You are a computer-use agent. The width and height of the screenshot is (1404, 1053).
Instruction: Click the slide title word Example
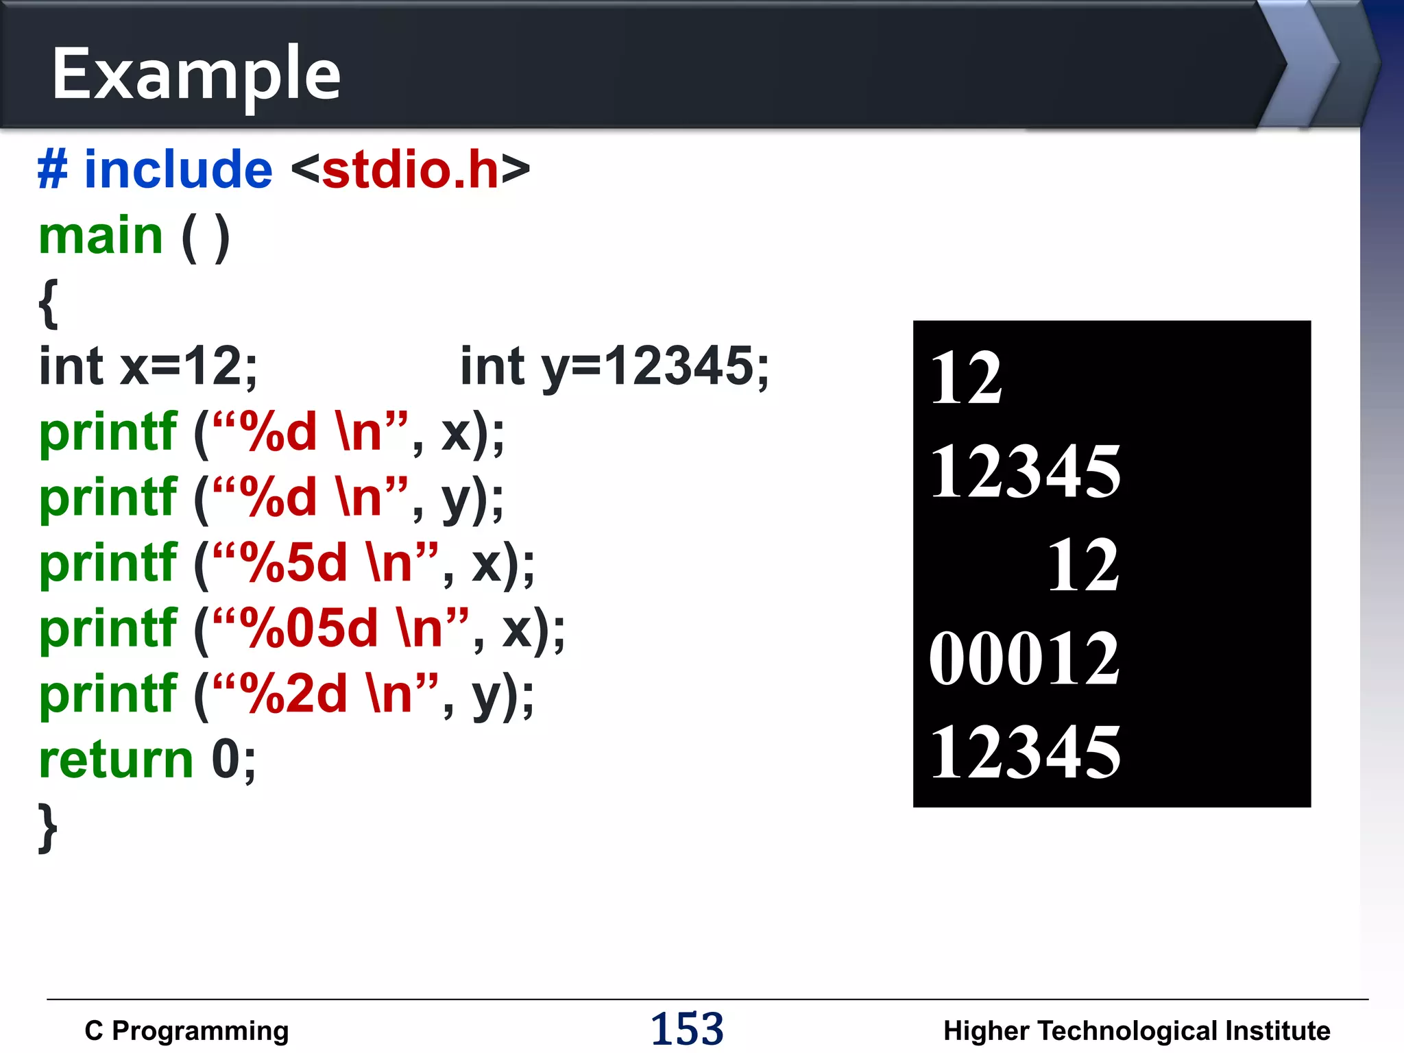click(196, 74)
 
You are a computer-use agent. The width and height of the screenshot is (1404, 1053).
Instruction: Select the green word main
click(101, 236)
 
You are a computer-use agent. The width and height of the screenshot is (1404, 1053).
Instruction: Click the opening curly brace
click(48, 302)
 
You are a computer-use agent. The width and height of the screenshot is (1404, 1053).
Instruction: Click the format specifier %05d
click(313, 628)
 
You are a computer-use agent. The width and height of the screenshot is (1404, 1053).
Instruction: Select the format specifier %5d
click(298, 563)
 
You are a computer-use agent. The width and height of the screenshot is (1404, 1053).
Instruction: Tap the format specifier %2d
click(298, 694)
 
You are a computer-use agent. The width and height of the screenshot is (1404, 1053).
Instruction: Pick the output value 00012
click(1024, 659)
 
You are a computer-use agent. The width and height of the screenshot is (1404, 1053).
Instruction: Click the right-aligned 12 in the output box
click(1083, 565)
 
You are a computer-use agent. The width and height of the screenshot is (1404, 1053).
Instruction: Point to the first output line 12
click(966, 378)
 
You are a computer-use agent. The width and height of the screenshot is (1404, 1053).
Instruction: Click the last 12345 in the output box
click(1024, 753)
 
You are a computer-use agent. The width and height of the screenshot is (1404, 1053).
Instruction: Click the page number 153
click(687, 1029)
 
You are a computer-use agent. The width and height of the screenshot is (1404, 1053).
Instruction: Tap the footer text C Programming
click(186, 1031)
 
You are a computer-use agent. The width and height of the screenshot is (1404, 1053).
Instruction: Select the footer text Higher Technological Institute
click(1137, 1031)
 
